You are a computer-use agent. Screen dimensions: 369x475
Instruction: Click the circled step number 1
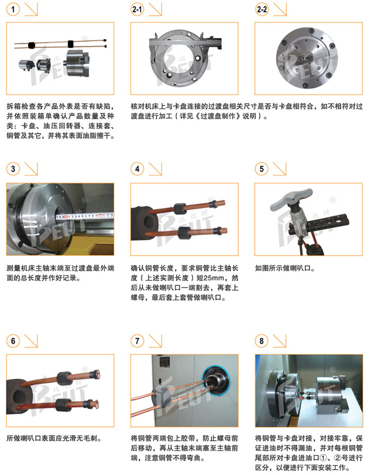coord(13,9)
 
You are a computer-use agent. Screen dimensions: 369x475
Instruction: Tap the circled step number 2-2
coord(262,9)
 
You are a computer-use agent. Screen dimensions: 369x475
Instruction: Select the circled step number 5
coord(261,169)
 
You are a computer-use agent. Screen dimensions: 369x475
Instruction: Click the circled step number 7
coord(137,341)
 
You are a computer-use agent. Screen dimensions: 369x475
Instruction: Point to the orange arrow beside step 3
coord(31,169)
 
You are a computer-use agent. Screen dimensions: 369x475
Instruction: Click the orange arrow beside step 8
coord(280,341)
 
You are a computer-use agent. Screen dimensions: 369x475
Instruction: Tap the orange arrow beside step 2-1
coord(155,9)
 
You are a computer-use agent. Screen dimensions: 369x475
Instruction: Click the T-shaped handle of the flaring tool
coord(291,199)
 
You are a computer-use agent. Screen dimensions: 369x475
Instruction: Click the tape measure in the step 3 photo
coord(85,216)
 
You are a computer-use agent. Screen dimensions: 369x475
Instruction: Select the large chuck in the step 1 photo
coord(77,63)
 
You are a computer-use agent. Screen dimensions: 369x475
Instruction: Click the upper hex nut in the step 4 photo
coord(180,209)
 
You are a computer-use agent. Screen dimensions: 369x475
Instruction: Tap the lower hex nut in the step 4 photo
coord(184,233)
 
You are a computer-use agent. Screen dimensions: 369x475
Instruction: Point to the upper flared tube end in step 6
coord(96,374)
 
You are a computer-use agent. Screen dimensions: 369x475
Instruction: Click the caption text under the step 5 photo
coord(285,268)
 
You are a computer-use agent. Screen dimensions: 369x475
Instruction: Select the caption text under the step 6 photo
coord(54,438)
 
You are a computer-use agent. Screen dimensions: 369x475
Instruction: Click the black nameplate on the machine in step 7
coord(165,362)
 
